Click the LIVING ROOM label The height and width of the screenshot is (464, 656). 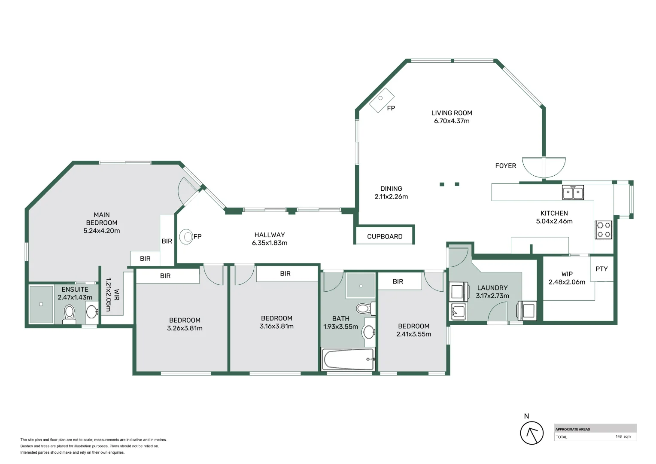pos(452,113)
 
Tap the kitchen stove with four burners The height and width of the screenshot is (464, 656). pos(604,229)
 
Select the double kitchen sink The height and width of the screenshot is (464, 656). pos(573,192)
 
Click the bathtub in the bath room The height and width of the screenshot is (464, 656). pos(348,359)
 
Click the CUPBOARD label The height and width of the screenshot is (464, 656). pos(385,236)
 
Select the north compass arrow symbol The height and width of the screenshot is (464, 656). pos(531,433)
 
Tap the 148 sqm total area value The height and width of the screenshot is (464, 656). pos(623,437)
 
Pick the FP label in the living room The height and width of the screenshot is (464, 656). pos(391,108)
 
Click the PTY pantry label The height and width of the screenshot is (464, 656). pos(601,269)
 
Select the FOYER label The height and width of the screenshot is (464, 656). pos(505,166)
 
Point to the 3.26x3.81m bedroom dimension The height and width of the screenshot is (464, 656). pos(185,328)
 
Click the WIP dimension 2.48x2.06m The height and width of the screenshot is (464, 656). pos(567,282)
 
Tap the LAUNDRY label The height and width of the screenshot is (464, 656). pos(492,288)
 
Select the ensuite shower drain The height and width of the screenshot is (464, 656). pos(41,304)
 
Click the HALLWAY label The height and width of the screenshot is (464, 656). pos(269,235)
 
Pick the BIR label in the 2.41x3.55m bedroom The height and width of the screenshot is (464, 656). pos(398,281)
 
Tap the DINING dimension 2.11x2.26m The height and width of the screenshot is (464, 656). pos(391,197)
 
